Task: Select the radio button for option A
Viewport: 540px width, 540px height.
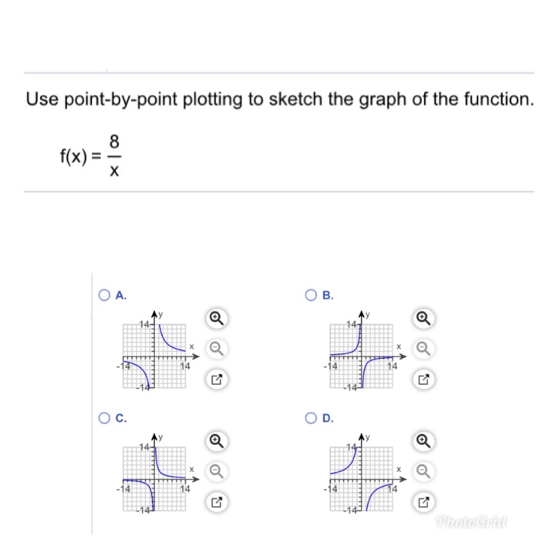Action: tap(104, 295)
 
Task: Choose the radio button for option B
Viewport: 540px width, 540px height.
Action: tap(311, 295)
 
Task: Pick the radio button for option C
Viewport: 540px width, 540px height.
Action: tap(104, 419)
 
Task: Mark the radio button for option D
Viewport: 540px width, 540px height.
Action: tap(311, 419)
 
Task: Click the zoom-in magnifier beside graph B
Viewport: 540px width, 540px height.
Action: tap(424, 317)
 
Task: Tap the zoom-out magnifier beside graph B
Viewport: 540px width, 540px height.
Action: tap(424, 349)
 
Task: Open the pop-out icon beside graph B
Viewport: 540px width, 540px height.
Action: tap(424, 380)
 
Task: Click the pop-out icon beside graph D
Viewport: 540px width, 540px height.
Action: tap(424, 503)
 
